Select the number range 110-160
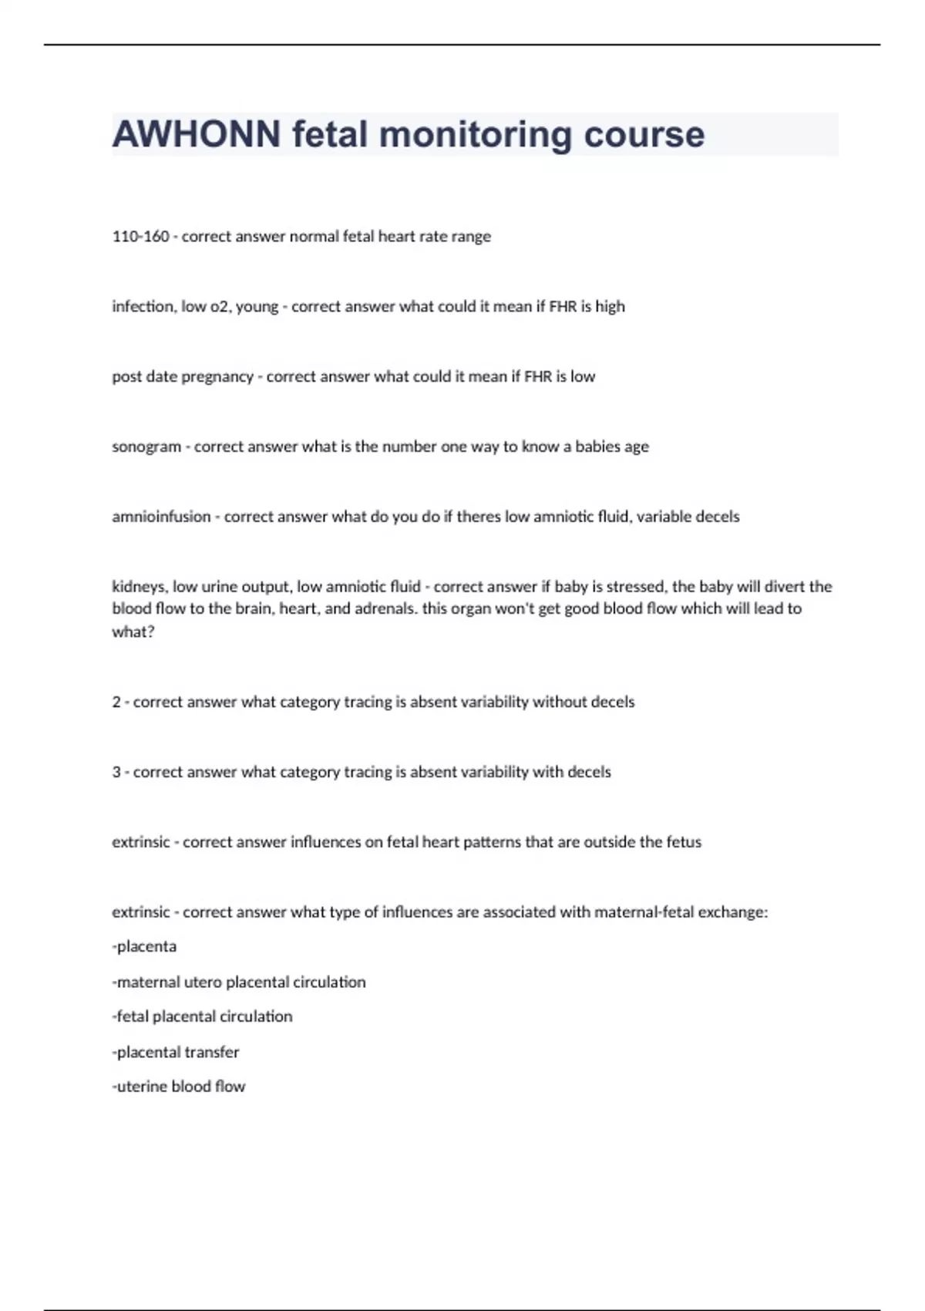[140, 236]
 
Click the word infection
[143, 306]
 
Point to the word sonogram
[146, 447]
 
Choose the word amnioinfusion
[161, 517]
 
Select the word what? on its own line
[133, 632]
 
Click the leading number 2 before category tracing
[116, 702]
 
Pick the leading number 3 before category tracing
[116, 772]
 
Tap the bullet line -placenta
[144, 946]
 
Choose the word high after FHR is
[610, 306]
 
